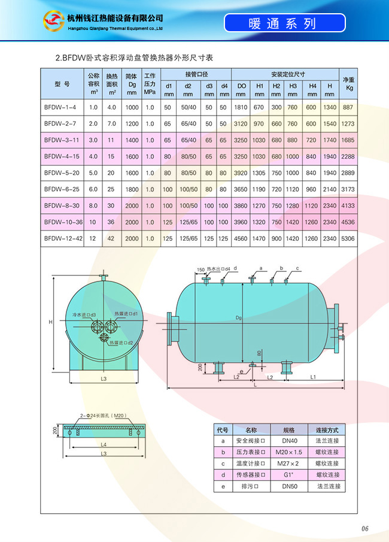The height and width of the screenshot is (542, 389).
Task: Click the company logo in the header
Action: click(x=53, y=21)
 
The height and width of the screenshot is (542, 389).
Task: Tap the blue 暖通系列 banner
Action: click(x=285, y=23)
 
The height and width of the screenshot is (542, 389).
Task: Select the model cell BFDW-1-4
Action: click(x=60, y=107)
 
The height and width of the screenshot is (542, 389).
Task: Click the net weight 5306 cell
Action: click(x=348, y=238)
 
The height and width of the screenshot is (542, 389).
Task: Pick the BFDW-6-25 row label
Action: click(x=62, y=189)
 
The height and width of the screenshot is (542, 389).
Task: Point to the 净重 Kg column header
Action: click(x=348, y=84)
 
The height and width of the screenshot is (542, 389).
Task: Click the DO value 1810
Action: click(x=241, y=107)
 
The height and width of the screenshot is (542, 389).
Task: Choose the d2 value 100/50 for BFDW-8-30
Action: click(x=189, y=205)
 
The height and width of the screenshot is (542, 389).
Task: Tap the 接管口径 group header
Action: click(x=196, y=74)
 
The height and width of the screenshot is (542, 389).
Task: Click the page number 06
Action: click(x=365, y=528)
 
